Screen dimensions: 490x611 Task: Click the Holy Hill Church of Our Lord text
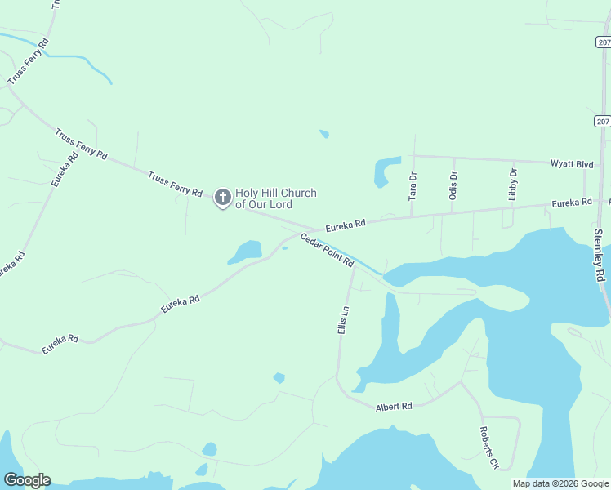pyautogui.click(x=275, y=198)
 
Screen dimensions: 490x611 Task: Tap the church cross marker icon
pyautogui.click(x=222, y=197)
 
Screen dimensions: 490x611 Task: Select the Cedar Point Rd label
pyautogui.click(x=327, y=250)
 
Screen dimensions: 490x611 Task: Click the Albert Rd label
pyautogui.click(x=394, y=406)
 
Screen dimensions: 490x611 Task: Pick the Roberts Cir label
pyautogui.click(x=488, y=448)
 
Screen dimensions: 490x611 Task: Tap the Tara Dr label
pyautogui.click(x=413, y=187)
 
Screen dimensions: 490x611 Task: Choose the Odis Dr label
pyautogui.click(x=453, y=185)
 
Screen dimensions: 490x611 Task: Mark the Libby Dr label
pyautogui.click(x=513, y=185)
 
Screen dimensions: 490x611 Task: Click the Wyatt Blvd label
pyautogui.click(x=571, y=164)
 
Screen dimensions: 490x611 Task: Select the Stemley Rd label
pyautogui.click(x=599, y=256)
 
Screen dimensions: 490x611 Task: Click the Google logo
pyautogui.click(x=27, y=480)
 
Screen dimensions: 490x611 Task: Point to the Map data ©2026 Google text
pyautogui.click(x=560, y=483)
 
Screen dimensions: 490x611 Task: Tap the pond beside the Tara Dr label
pyautogui.click(x=386, y=171)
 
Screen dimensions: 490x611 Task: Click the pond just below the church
pyautogui.click(x=245, y=252)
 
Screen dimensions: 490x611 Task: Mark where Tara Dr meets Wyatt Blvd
pyautogui.click(x=414, y=154)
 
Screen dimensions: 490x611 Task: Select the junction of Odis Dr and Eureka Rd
pyautogui.click(x=453, y=213)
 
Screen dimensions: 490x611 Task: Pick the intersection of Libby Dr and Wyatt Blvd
pyautogui.click(x=513, y=160)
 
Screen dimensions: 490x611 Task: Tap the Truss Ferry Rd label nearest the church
pyautogui.click(x=175, y=184)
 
